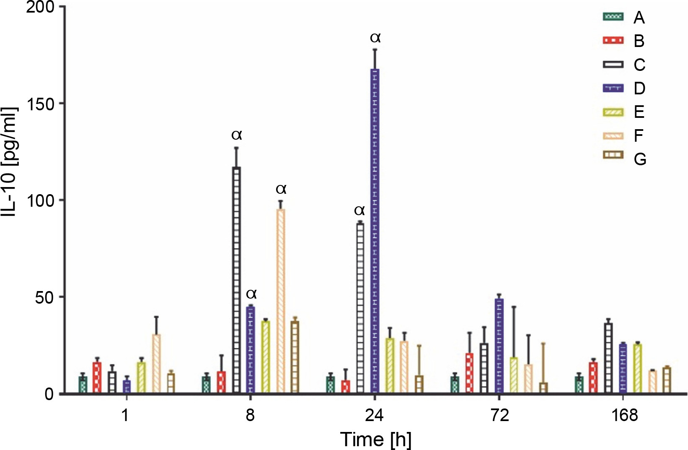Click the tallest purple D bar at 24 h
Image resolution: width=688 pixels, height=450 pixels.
click(375, 231)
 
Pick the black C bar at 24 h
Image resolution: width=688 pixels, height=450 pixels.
click(360, 308)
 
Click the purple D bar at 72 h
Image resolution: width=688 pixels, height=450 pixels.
click(499, 346)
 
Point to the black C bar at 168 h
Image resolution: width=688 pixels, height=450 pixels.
click(608, 358)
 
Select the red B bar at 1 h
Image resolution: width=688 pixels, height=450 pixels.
click(97, 377)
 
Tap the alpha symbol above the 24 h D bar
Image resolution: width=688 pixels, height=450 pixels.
click(375, 38)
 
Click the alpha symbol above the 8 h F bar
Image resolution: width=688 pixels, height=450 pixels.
click(281, 189)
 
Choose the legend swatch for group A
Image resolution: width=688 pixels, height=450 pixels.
click(613, 17)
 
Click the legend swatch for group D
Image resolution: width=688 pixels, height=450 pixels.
click(613, 88)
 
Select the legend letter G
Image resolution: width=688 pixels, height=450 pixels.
click(640, 159)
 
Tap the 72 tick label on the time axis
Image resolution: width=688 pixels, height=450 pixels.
click(499, 416)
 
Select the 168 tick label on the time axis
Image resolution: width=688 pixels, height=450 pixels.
click(624, 416)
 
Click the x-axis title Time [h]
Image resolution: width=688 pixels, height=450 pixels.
click(375, 439)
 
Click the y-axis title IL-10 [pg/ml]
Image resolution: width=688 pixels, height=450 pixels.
click(10, 161)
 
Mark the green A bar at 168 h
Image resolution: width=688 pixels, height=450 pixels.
click(579, 385)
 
